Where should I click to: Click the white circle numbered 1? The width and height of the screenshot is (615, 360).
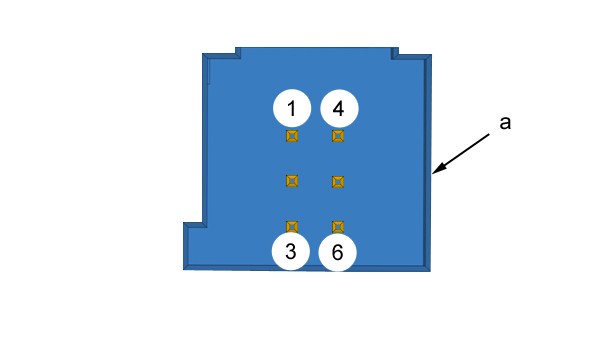pos(292,108)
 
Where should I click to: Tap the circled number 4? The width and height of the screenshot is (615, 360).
pos(339,108)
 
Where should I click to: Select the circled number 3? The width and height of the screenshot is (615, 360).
pos(291,251)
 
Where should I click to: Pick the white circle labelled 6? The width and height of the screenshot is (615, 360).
pos(337,252)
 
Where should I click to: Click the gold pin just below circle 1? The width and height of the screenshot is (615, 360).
pos(292,136)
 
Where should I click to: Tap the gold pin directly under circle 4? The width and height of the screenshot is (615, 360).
pos(338,136)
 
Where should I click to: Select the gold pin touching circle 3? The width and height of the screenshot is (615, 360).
pos(292,227)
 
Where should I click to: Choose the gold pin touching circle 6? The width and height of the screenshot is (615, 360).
pos(338,227)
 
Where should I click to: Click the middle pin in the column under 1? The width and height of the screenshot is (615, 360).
pos(292,181)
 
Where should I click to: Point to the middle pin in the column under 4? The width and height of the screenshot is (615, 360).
pos(338,182)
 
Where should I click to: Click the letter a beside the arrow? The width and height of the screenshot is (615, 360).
pos(505,123)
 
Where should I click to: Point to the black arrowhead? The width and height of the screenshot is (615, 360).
pos(439,168)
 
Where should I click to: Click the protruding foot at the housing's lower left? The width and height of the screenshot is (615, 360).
pos(195,246)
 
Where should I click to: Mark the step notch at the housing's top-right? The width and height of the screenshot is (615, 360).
pos(395,53)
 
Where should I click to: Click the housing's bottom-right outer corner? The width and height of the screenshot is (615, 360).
pos(430,271)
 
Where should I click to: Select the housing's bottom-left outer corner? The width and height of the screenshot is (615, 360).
pos(184,269)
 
